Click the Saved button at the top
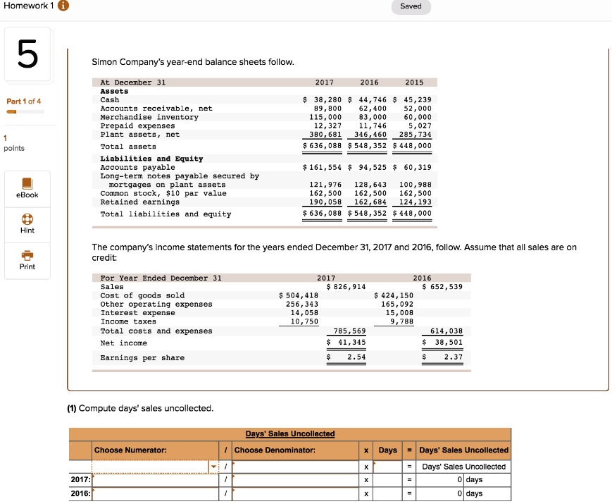[411, 6]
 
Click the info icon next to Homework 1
[63, 6]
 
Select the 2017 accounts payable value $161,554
[322, 168]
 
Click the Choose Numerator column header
[131, 450]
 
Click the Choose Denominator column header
[274, 450]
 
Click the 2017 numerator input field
[155, 480]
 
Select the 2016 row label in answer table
[80, 493]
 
